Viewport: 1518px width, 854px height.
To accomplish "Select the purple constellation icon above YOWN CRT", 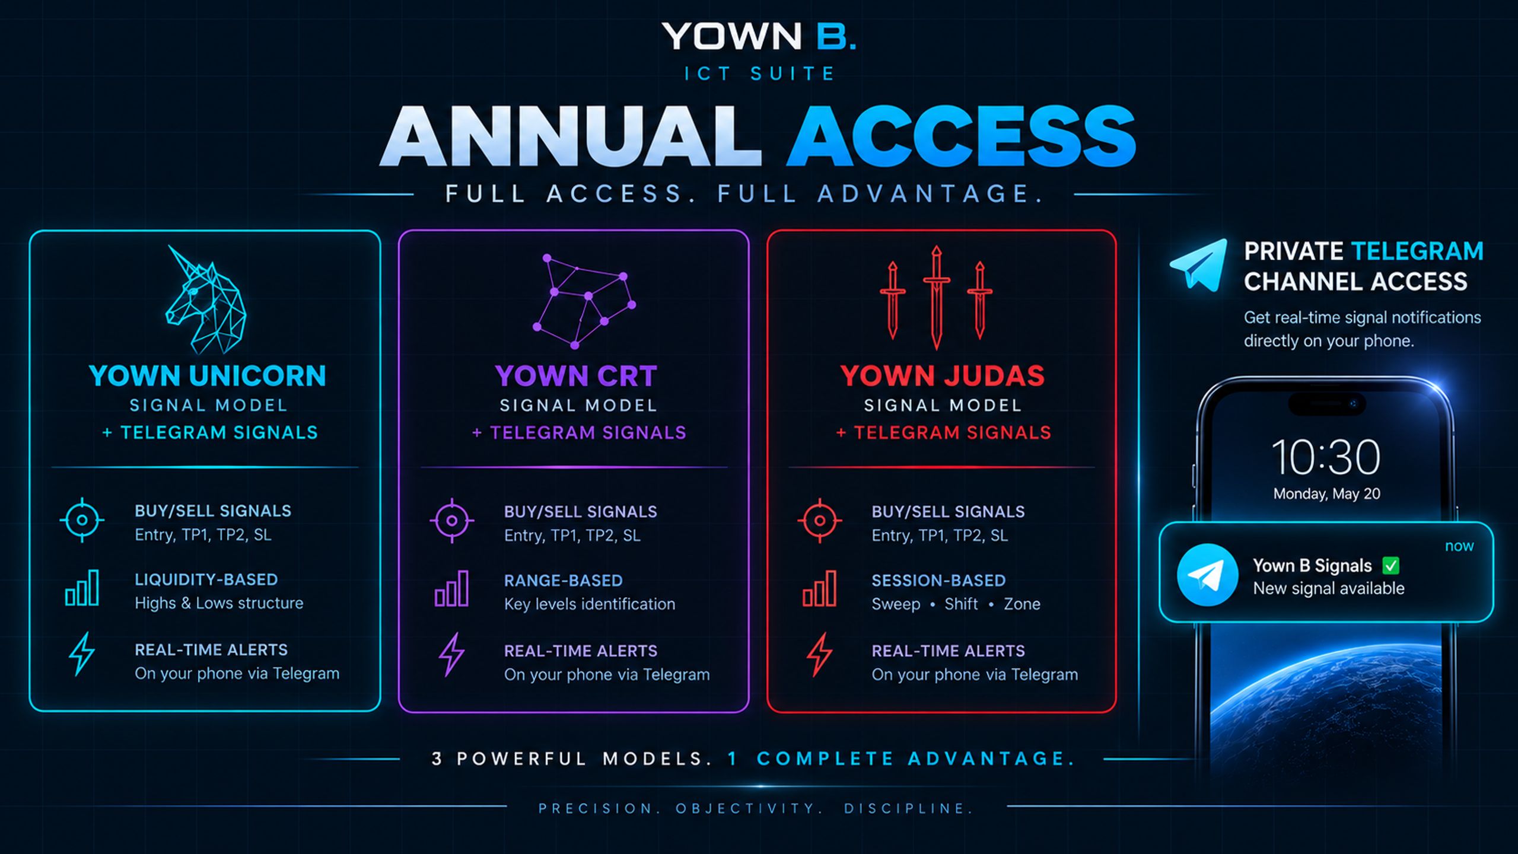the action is click(x=584, y=301).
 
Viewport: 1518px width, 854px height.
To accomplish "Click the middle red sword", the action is click(x=936, y=297).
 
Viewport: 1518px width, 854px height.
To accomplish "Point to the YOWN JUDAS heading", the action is click(x=942, y=375).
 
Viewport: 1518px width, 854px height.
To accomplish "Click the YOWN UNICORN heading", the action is click(x=208, y=375).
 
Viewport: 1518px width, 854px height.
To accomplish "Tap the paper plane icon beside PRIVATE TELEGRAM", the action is click(x=1199, y=265).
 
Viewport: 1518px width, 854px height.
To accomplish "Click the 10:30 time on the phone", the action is click(x=1326, y=457).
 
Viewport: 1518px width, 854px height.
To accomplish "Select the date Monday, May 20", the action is click(x=1327, y=494).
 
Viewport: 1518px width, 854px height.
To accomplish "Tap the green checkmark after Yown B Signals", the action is click(x=1391, y=566).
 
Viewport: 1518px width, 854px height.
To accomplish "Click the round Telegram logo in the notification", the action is click(x=1207, y=575).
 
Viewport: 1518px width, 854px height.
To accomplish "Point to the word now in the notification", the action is click(x=1459, y=546).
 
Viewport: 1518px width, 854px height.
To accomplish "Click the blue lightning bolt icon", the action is click(x=82, y=654).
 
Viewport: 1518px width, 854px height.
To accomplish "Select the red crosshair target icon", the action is click(x=820, y=521).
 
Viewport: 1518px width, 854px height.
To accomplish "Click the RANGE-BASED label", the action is click(x=564, y=581).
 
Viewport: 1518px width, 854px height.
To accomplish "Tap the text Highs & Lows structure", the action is click(x=219, y=603).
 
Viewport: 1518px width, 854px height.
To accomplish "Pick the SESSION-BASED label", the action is click(x=938, y=581).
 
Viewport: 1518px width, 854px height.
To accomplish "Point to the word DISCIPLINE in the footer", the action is click(x=909, y=809).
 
